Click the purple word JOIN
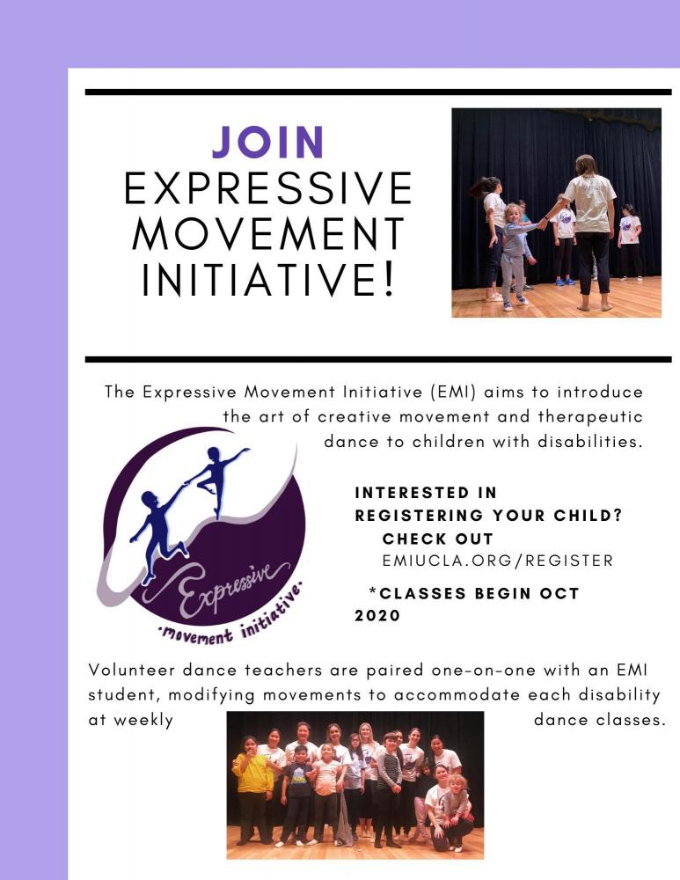(268, 142)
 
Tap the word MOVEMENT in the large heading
(269, 233)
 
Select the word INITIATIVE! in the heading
(269, 279)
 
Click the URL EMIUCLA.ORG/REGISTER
(498, 561)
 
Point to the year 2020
(377, 616)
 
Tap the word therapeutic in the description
(590, 417)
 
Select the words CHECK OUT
(437, 539)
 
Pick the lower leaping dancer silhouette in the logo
(158, 531)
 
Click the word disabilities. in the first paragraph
(589, 442)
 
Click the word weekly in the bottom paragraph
(143, 721)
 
